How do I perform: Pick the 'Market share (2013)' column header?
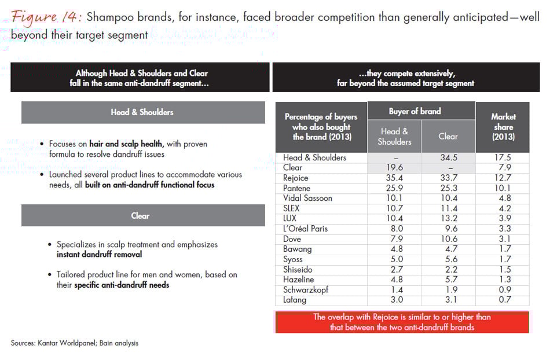[503, 127]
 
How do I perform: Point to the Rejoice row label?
[296, 178]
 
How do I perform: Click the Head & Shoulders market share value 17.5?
[503, 157]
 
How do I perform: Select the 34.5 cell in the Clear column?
[448, 157]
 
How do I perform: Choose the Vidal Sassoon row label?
[307, 198]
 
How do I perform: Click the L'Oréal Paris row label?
[305, 229]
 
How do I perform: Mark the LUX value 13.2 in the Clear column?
[448, 218]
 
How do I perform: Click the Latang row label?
[295, 300]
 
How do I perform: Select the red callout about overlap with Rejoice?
[401, 322]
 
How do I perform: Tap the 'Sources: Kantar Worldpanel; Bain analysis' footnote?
[74, 343]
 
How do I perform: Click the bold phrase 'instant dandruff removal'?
[99, 254]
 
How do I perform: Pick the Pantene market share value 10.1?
[503, 188]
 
